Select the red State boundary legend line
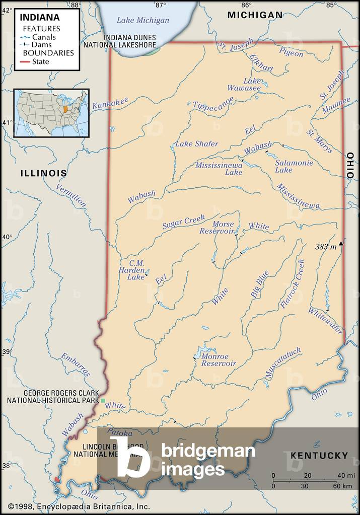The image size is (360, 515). pos(26,62)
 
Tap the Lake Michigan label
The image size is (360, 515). pos(143,20)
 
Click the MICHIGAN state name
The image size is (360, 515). pos(255,15)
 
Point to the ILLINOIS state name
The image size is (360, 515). pos(43,173)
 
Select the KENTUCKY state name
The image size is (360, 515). pos(319,456)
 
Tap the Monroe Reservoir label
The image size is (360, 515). pos(219,360)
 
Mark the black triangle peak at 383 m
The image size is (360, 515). pos(341,244)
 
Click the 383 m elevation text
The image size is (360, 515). pos(326,247)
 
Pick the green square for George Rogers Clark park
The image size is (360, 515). pos(103,400)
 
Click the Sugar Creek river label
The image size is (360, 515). pos(183,222)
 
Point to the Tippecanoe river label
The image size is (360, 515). pos(213,103)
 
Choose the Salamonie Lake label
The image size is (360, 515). pos(294,167)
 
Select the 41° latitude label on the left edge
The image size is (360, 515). pos(7,122)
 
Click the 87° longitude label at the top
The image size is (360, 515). pos(160,5)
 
